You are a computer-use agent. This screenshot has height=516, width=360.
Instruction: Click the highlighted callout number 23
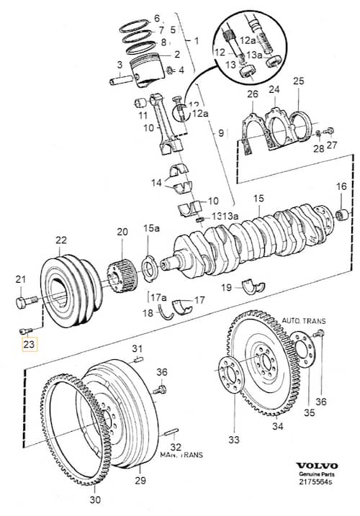30,345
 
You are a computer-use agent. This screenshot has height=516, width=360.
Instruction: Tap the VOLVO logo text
317,466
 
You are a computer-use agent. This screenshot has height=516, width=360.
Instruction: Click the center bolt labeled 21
26,302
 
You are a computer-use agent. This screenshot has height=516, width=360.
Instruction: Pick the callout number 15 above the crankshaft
259,199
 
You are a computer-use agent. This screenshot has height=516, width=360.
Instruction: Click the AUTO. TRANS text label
303,321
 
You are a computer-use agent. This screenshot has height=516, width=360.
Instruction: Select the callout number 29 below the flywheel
140,481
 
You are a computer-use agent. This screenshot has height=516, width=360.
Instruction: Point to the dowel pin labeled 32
171,432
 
